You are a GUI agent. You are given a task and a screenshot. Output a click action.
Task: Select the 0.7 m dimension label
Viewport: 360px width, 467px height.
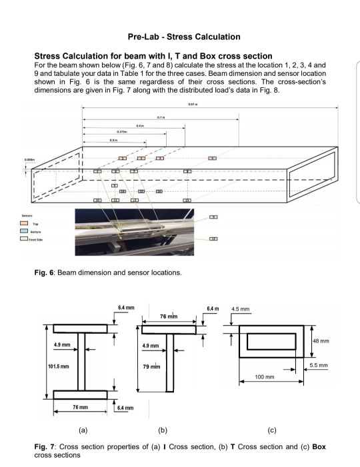[161, 117]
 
